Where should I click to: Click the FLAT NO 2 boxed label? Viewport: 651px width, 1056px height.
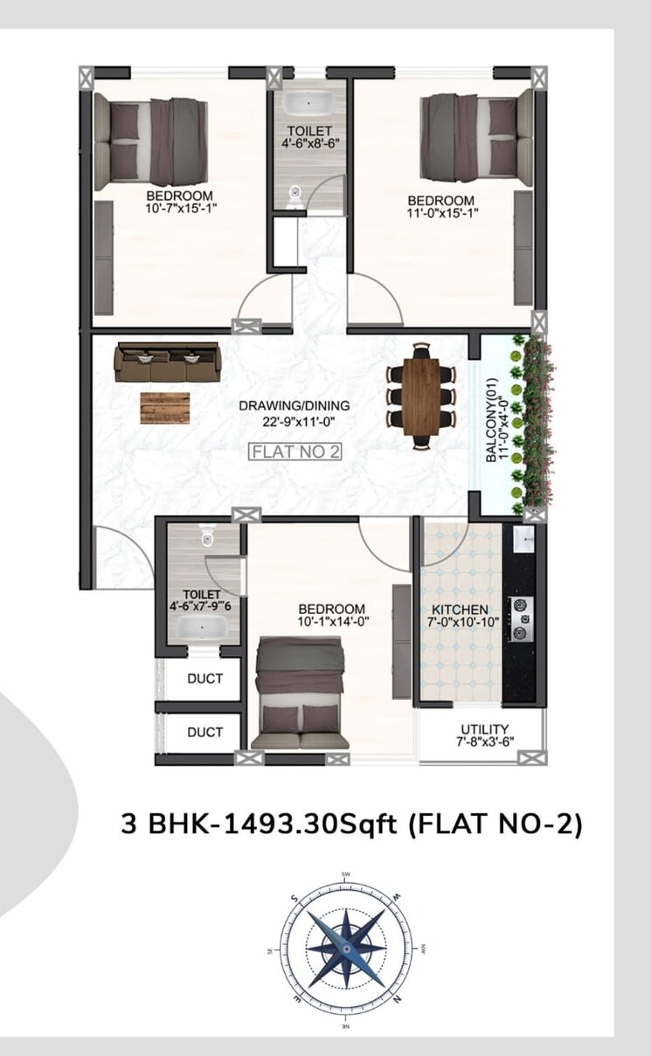[294, 452]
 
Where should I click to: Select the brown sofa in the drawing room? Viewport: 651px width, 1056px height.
[169, 363]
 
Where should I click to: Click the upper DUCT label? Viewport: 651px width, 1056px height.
[204, 678]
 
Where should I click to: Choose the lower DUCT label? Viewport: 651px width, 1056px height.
[204, 732]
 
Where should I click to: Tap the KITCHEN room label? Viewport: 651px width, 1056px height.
[460, 610]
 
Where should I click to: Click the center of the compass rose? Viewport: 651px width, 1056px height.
[345, 947]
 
